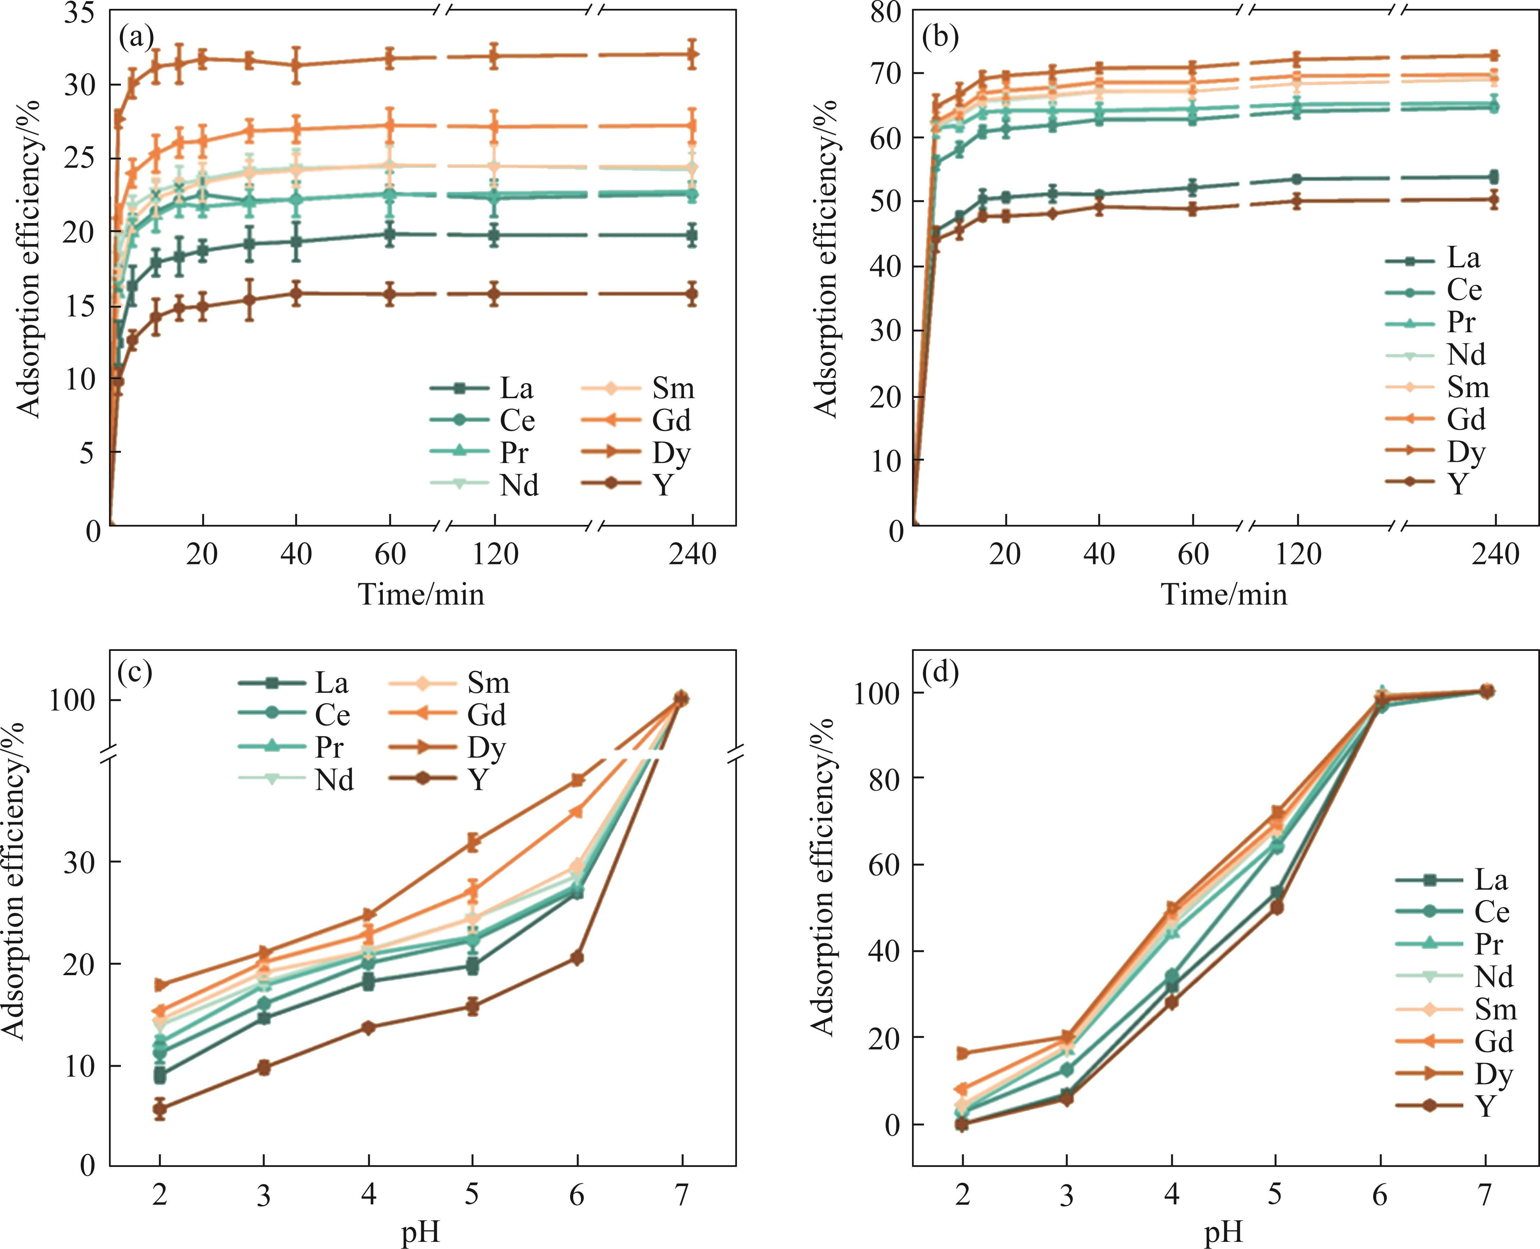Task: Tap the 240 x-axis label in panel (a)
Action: point(692,554)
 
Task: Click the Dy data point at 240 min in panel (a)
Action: point(692,54)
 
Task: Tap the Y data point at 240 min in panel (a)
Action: point(692,294)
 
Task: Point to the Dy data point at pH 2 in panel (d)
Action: point(962,1053)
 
